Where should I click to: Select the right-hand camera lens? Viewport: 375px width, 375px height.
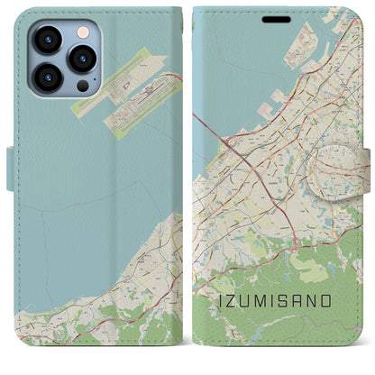click(x=83, y=59)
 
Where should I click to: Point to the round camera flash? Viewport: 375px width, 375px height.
click(x=82, y=32)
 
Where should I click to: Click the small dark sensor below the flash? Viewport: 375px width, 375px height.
click(x=83, y=86)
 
